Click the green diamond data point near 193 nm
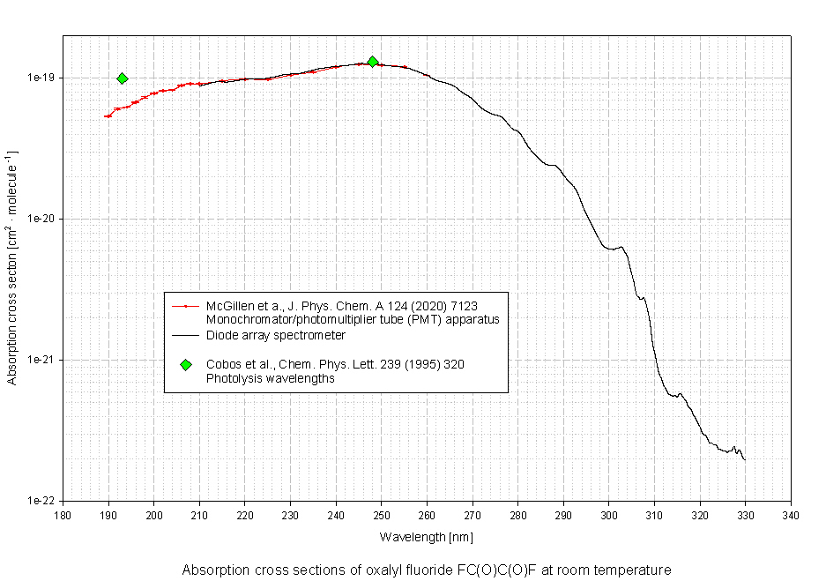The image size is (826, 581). click(123, 78)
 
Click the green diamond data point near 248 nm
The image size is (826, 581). click(373, 62)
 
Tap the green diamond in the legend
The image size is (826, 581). click(185, 364)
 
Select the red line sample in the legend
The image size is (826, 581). click(185, 306)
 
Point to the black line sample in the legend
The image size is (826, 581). click(185, 336)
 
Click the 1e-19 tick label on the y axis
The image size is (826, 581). click(41, 78)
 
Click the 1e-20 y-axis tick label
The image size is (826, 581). click(41, 219)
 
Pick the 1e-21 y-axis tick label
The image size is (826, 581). click(41, 360)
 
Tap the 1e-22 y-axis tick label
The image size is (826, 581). click(41, 501)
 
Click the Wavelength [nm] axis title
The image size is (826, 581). click(427, 536)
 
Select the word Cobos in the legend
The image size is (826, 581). click(222, 364)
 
